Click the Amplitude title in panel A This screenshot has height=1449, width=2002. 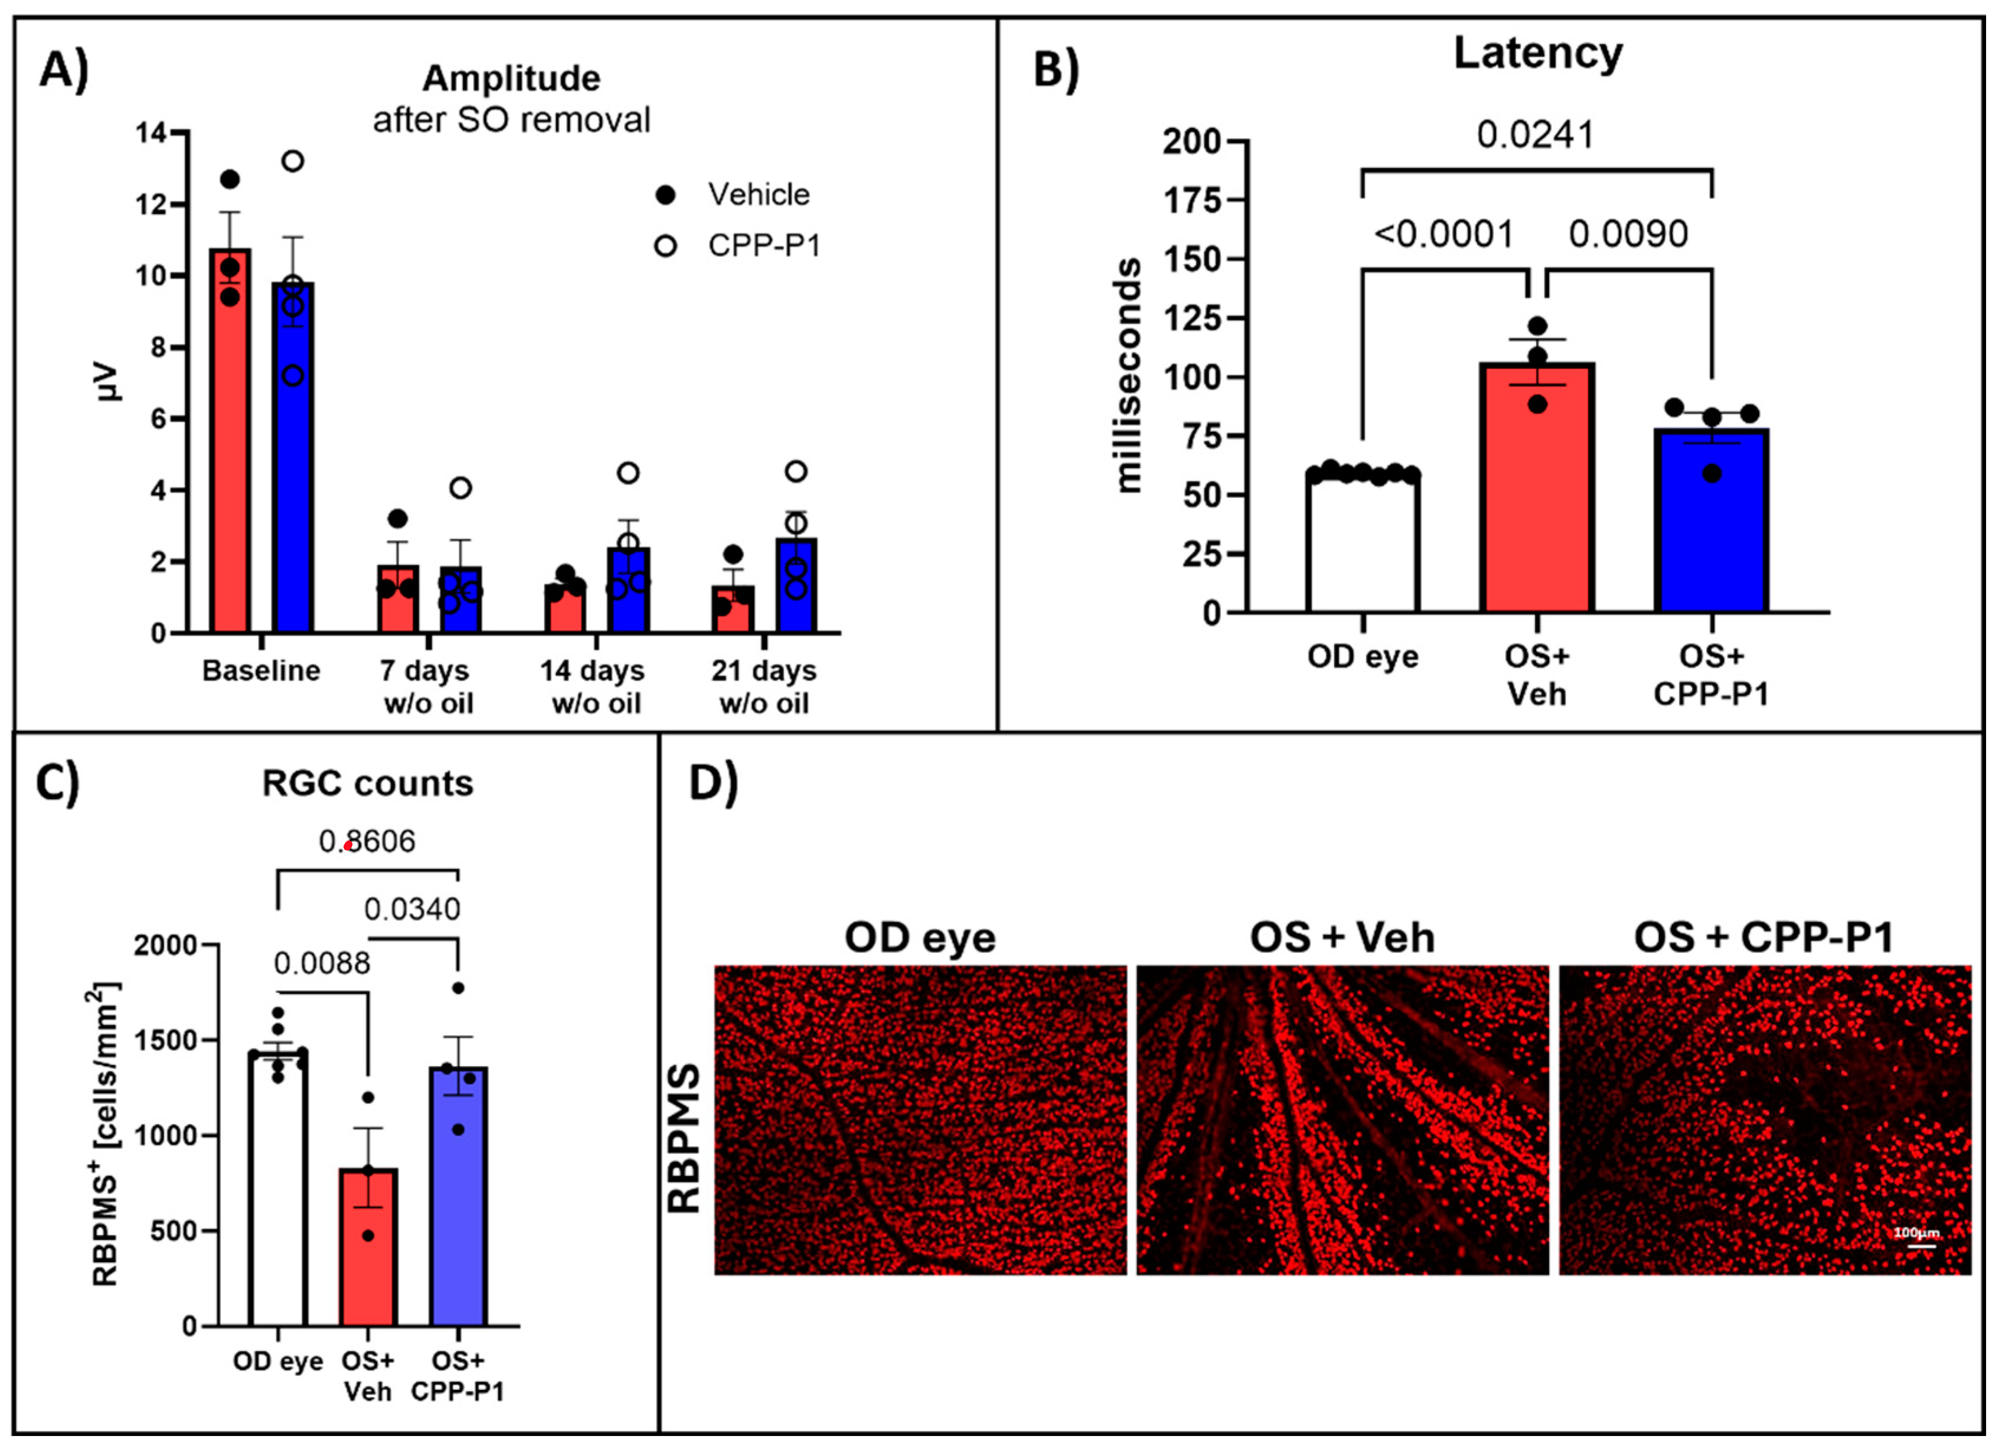(x=511, y=79)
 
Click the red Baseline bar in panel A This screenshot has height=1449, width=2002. (x=230, y=441)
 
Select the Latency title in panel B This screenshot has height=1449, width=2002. (x=1538, y=53)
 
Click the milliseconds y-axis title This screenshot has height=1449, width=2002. (x=1128, y=375)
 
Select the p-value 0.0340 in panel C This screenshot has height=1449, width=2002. (x=411, y=909)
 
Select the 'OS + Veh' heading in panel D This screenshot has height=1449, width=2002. (x=1342, y=937)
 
